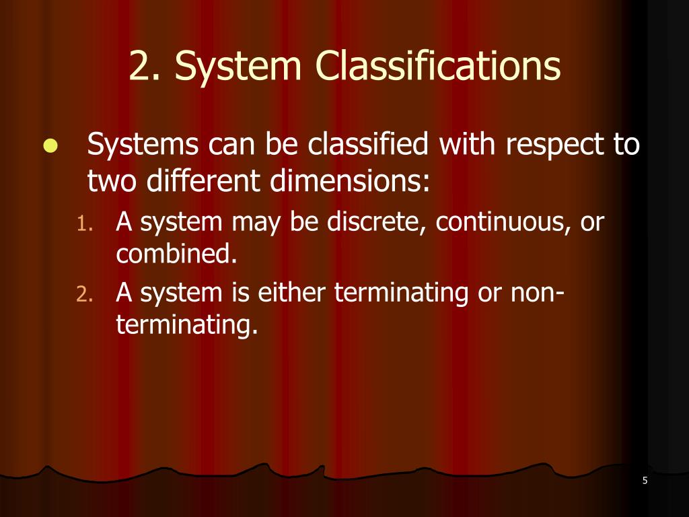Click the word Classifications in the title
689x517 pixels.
(x=437, y=67)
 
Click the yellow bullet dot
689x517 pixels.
(x=50, y=147)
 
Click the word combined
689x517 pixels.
(x=177, y=254)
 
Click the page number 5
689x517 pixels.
(x=645, y=480)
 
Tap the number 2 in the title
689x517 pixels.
(x=140, y=67)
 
